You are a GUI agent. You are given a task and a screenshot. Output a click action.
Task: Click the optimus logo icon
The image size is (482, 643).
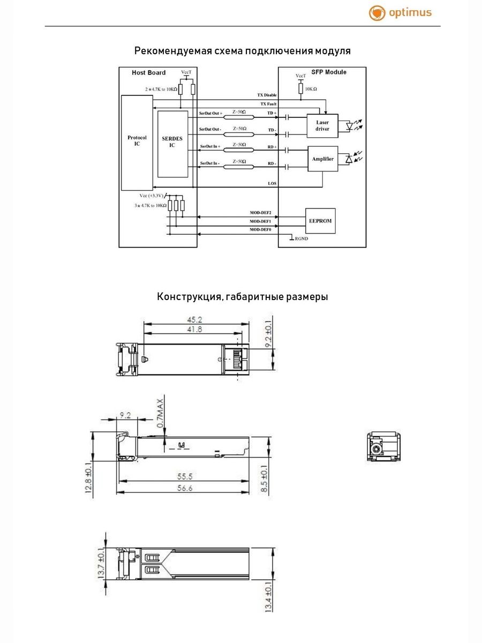click(377, 13)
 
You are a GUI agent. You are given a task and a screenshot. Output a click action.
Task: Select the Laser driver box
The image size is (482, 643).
click(322, 126)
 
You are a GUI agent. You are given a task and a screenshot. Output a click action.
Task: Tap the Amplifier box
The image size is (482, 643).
click(322, 159)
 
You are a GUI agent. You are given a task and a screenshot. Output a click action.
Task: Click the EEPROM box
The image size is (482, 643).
click(320, 221)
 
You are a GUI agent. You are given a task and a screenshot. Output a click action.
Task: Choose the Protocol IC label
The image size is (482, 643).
click(137, 141)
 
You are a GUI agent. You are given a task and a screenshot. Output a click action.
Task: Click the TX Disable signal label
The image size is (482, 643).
click(267, 95)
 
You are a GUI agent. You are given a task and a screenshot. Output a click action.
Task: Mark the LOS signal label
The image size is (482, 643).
click(272, 183)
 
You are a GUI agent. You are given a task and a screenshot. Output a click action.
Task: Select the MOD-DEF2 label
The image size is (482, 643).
click(261, 213)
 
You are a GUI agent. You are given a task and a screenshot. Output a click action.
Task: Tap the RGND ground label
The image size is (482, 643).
click(301, 238)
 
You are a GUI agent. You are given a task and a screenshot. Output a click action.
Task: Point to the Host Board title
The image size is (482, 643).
click(149, 72)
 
